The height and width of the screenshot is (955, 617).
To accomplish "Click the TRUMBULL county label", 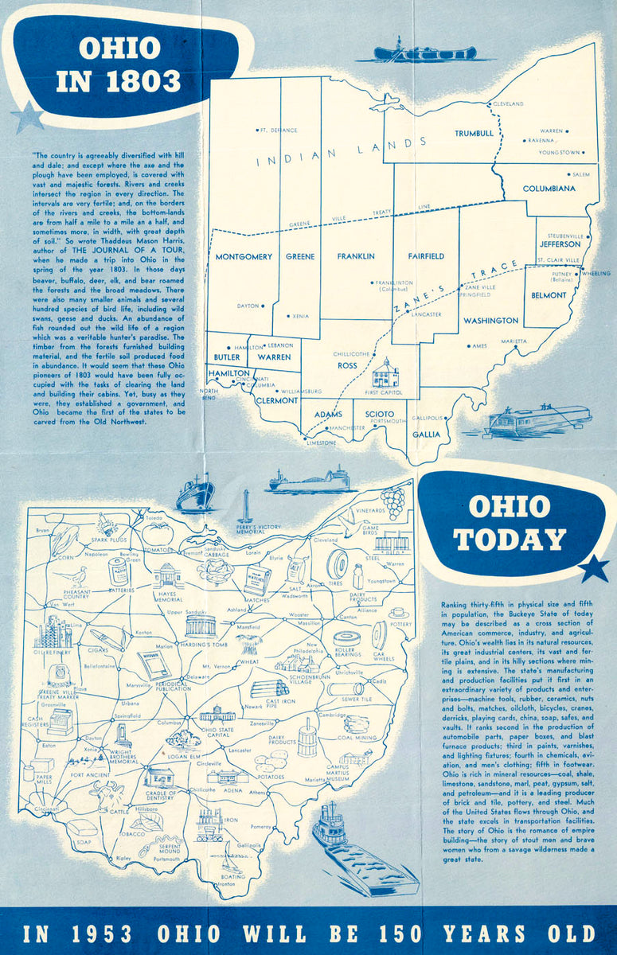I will (474, 134).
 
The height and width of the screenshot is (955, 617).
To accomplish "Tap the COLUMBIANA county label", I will (549, 189).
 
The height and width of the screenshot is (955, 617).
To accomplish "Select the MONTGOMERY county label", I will (244, 256).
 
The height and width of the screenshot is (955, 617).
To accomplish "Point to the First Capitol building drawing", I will (385, 372).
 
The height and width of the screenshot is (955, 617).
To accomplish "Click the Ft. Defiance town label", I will (279, 130).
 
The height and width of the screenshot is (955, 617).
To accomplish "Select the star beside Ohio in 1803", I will (29, 118).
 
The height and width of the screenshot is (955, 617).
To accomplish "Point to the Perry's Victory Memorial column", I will (246, 506).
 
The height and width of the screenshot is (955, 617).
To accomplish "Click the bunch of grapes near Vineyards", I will (392, 502).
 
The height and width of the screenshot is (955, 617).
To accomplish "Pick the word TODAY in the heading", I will (510, 540).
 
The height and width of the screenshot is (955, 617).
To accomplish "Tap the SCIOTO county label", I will (380, 414).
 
